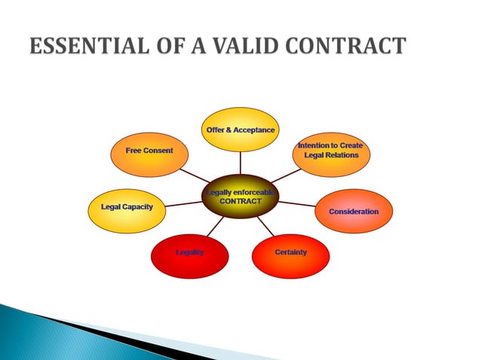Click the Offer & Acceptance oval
coord(240,130)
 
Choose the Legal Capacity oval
coord(127,209)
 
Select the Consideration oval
coord(353,212)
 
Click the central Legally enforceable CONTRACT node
coord(240,198)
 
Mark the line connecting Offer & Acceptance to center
coord(240,163)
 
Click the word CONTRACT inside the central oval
coord(240,202)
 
